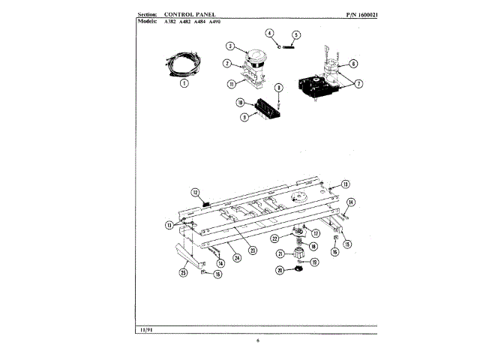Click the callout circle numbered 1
click(x=184, y=84)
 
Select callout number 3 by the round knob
click(x=231, y=46)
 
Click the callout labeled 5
click(x=295, y=34)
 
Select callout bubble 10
click(x=241, y=102)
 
